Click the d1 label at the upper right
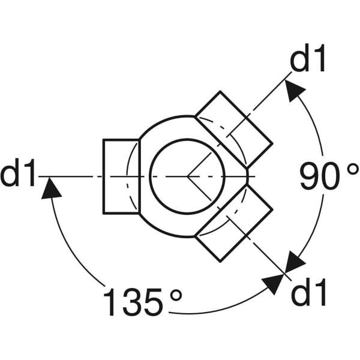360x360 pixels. coord(309,60)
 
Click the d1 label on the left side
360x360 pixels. coord(19,174)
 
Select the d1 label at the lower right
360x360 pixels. coord(309,294)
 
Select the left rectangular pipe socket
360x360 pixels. coord(121,176)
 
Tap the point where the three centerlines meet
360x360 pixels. coord(187,176)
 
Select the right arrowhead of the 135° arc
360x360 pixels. coord(274,283)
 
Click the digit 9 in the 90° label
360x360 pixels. coord(311,176)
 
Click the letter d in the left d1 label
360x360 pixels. coord(12,174)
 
